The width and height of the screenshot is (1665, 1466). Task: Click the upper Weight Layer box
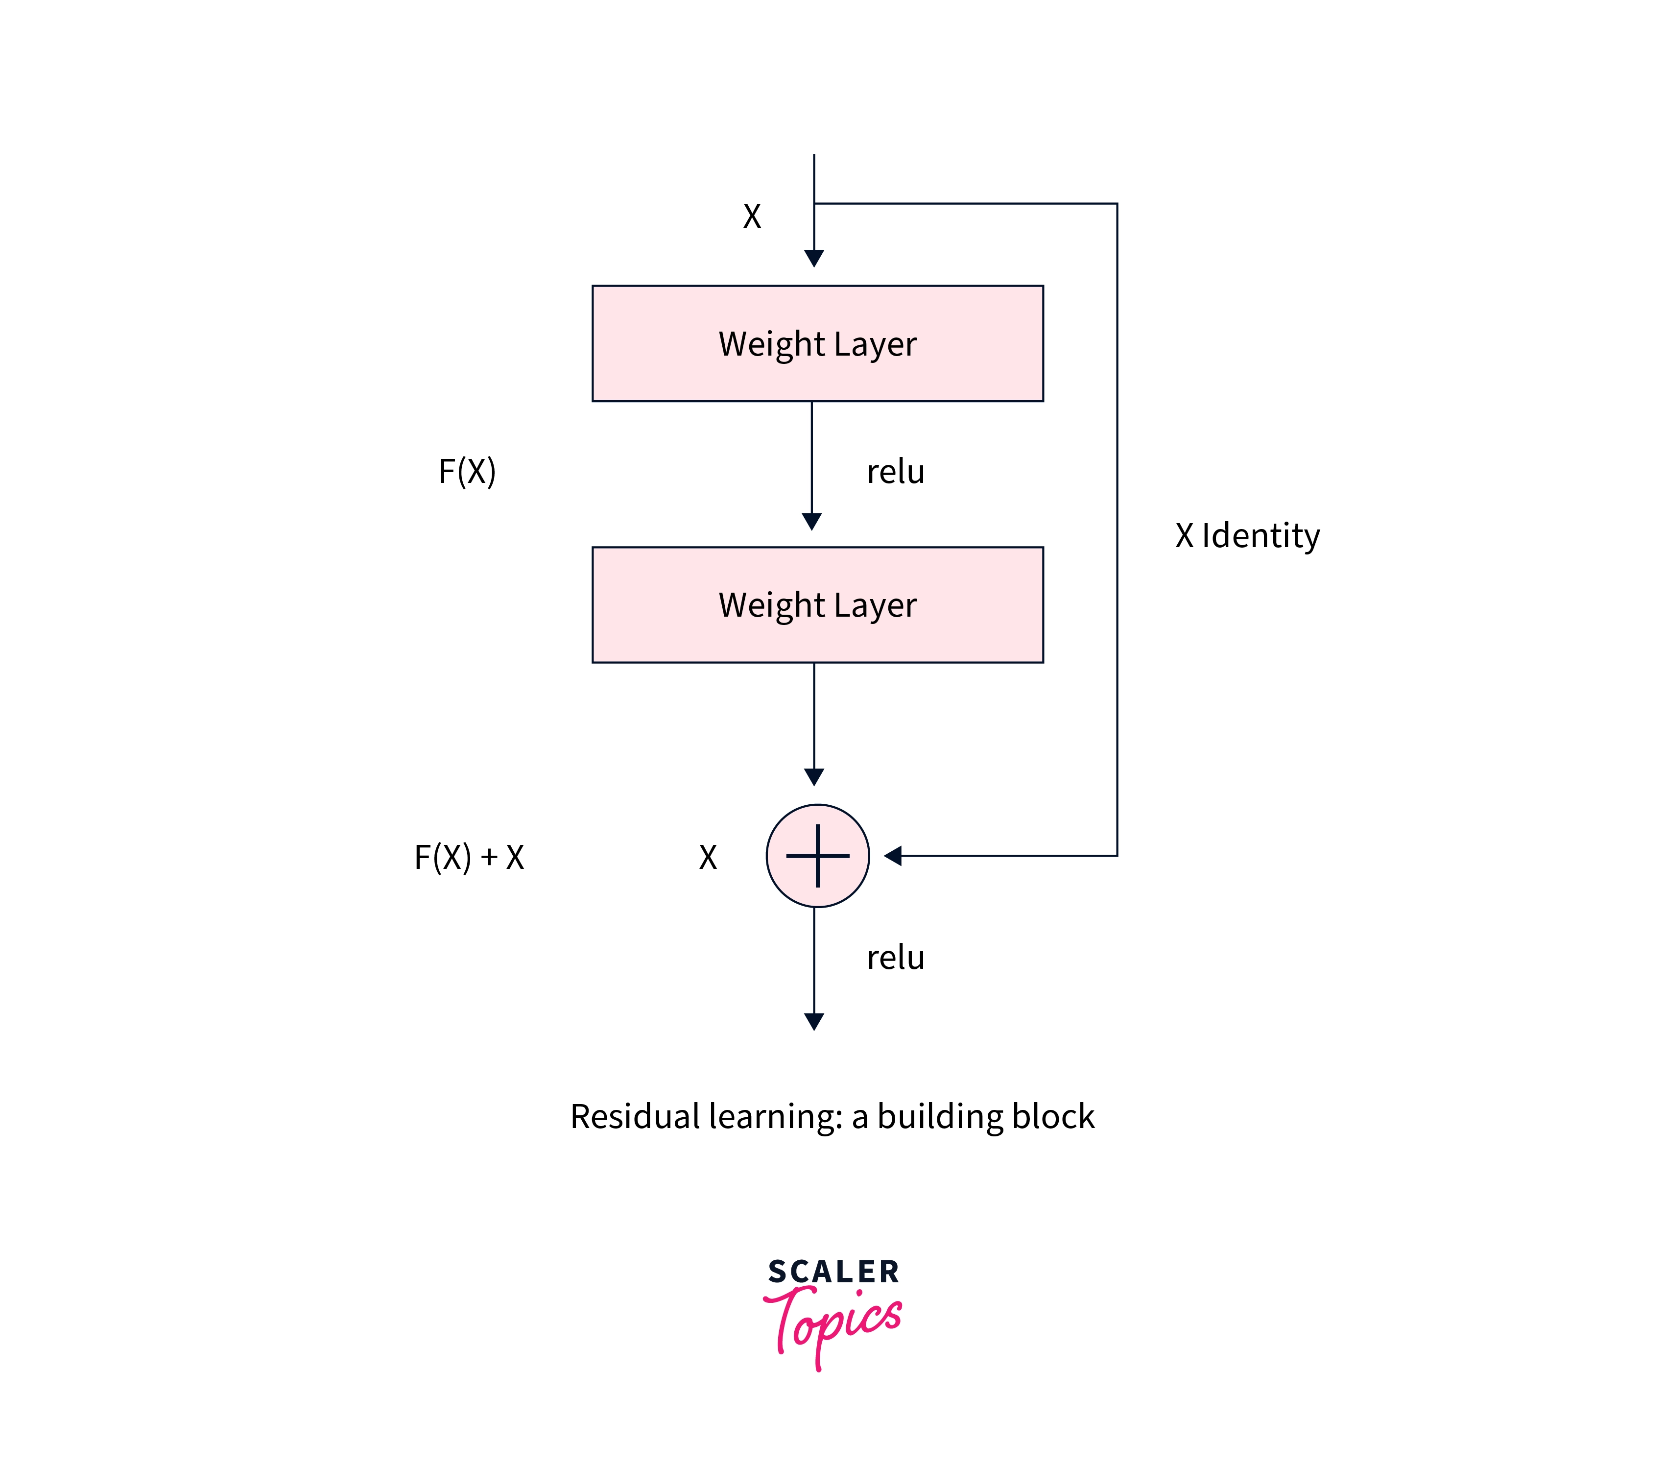(x=817, y=343)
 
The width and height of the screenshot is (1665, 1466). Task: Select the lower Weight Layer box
(x=817, y=604)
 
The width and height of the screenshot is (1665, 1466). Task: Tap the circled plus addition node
(x=817, y=856)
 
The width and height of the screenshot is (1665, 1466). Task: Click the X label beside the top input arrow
(x=752, y=216)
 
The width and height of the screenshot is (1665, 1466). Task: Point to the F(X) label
(x=467, y=472)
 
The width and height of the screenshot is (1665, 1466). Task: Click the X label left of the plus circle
(x=708, y=857)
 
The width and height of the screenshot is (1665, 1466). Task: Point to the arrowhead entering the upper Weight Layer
(x=814, y=258)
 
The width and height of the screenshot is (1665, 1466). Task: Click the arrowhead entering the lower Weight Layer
(x=811, y=522)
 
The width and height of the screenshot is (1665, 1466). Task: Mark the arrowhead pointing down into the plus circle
(x=814, y=777)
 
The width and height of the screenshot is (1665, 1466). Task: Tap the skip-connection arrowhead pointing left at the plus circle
(x=893, y=856)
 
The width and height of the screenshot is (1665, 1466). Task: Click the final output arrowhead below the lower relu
(x=814, y=1022)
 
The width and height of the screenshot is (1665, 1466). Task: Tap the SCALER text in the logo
(x=833, y=1272)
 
